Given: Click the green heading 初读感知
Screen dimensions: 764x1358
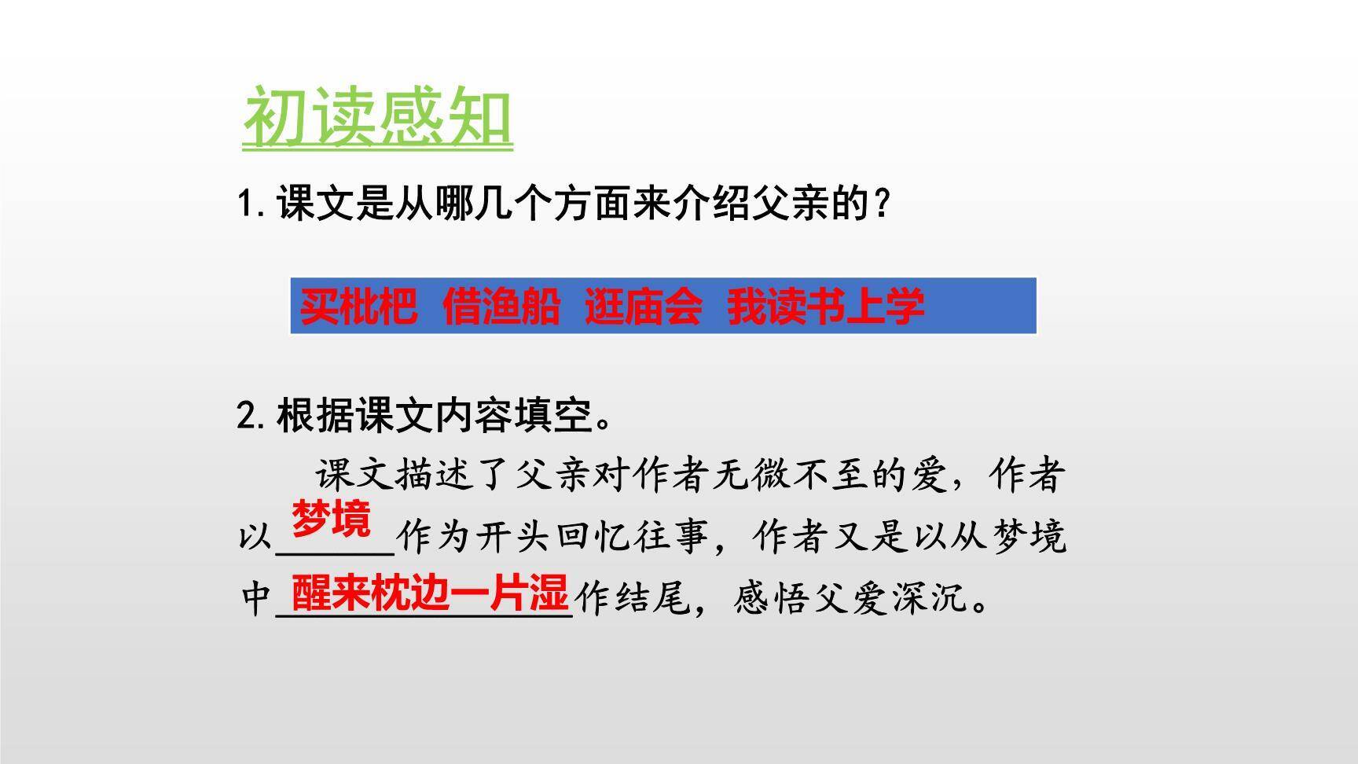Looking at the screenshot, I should (x=377, y=119).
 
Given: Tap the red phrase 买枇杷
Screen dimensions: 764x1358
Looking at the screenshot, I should (x=358, y=306).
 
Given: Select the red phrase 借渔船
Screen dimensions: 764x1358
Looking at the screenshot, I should (x=501, y=306).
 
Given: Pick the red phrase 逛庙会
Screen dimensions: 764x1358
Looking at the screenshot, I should (x=643, y=306).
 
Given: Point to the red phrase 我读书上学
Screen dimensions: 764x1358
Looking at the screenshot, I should (x=825, y=306).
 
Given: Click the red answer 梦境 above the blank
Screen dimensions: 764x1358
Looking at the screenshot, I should (x=331, y=519).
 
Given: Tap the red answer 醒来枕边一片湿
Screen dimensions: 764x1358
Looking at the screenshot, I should (x=429, y=593).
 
